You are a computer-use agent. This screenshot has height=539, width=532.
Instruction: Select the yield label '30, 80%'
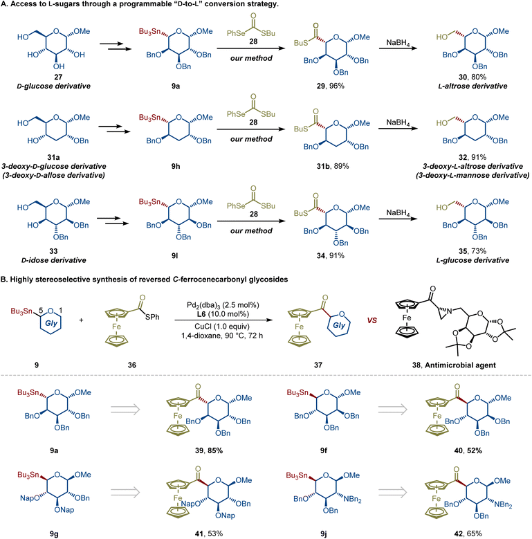[473, 77]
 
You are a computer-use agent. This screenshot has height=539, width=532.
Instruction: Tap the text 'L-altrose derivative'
[473, 86]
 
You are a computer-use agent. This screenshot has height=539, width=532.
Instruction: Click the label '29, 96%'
[330, 86]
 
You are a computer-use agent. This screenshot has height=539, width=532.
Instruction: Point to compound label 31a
[53, 157]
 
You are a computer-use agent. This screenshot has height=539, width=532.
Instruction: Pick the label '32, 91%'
[473, 157]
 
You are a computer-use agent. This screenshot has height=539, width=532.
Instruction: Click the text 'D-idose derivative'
[53, 260]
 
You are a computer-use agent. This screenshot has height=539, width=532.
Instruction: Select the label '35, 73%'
[473, 251]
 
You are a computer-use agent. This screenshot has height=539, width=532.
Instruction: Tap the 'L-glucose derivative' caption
[473, 260]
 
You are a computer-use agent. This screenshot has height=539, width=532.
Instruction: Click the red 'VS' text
[372, 320]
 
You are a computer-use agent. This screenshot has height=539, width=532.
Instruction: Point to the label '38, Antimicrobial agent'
[454, 365]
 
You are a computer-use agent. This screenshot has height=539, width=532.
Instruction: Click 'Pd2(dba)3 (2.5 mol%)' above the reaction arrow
[223, 305]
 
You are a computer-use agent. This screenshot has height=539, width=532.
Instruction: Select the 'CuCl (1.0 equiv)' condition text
[222, 326]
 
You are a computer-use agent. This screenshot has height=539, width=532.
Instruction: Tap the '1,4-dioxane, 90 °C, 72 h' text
[222, 335]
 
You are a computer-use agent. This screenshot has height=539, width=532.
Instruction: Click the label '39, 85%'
[209, 450]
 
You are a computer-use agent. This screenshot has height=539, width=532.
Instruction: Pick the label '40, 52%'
[468, 450]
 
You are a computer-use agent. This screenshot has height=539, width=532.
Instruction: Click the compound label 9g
[54, 534]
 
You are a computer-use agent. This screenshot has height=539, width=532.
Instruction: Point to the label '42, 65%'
[468, 533]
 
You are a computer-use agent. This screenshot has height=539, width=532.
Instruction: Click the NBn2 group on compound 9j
[352, 499]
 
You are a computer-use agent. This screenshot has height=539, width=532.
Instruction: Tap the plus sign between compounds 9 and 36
[81, 320]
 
